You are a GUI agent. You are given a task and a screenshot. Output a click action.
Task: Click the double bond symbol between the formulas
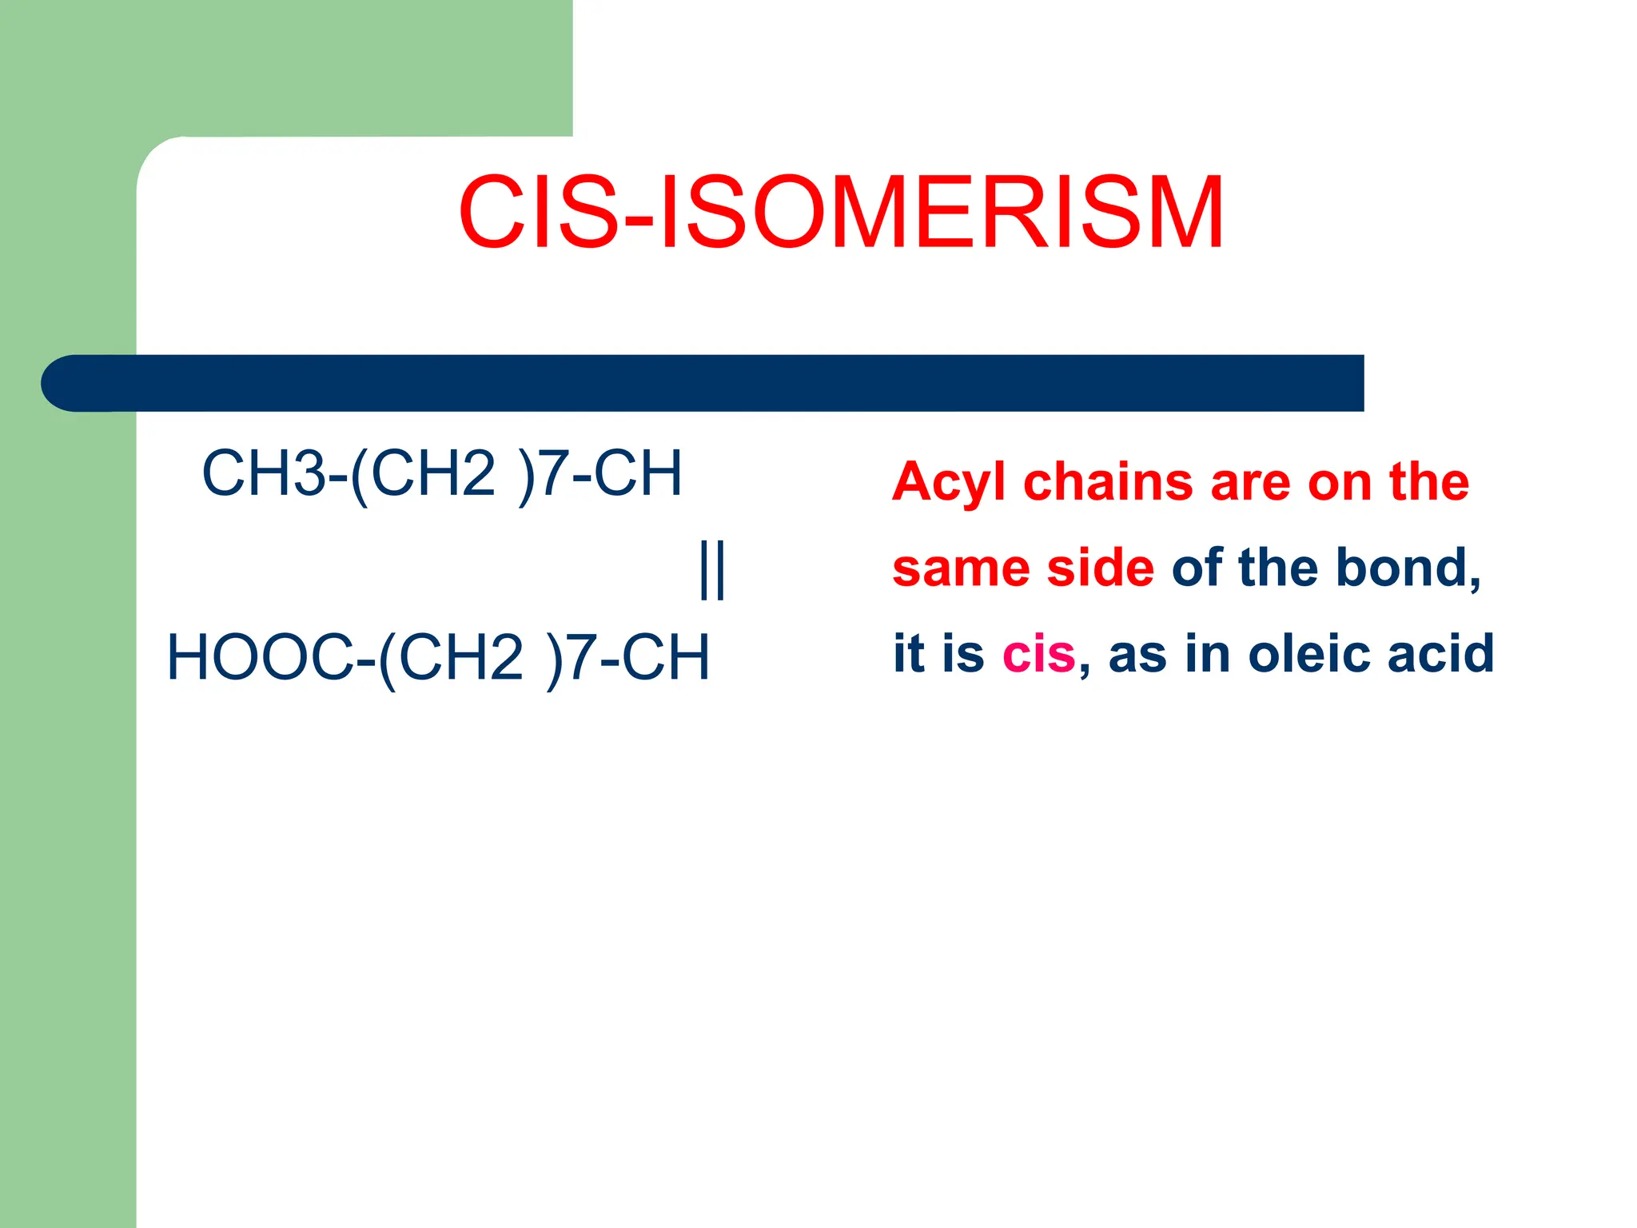(x=711, y=569)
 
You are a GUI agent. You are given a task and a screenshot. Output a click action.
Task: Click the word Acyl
(x=949, y=483)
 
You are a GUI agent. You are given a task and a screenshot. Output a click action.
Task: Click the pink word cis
(x=1038, y=654)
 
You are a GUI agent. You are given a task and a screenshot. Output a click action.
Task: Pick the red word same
(x=962, y=569)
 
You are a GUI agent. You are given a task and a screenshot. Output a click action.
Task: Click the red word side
(x=1101, y=568)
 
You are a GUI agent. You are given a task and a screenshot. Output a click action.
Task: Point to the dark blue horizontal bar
(x=719, y=383)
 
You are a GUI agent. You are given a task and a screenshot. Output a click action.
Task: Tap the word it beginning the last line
(x=910, y=654)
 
